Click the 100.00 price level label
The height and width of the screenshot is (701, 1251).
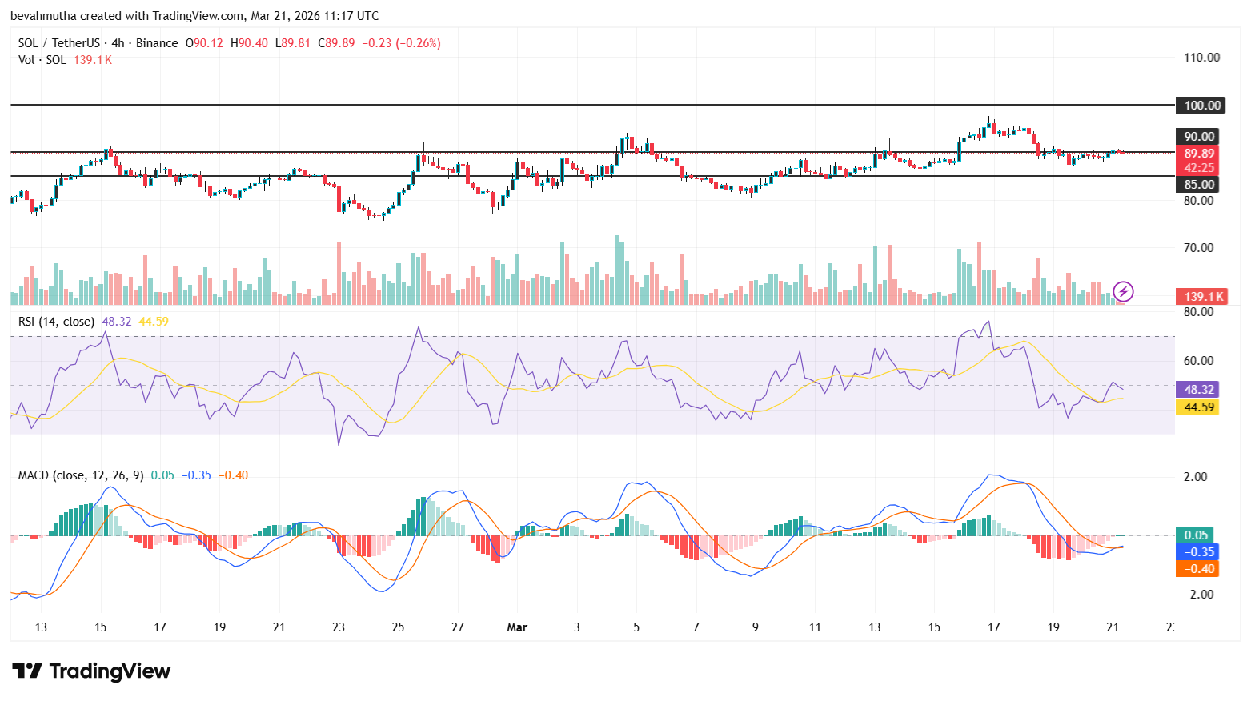pos(1202,105)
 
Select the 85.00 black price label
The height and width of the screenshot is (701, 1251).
pos(1199,184)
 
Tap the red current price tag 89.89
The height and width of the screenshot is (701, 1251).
pos(1199,154)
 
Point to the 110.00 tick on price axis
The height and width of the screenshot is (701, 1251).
pos(1201,57)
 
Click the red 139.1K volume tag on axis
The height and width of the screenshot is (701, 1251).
pos(1203,296)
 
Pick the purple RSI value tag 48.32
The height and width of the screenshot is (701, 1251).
pos(1199,389)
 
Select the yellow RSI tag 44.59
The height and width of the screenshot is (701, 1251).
pos(1199,407)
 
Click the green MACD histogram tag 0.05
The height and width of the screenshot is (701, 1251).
pos(1196,535)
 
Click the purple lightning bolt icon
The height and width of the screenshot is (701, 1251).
pos(1123,291)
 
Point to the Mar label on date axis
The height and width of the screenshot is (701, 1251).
pos(517,627)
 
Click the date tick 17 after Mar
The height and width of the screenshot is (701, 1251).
pos(993,627)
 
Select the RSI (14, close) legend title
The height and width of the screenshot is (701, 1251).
pos(56,321)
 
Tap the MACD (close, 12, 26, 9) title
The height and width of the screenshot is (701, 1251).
pos(81,475)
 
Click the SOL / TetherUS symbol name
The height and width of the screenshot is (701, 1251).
pos(59,43)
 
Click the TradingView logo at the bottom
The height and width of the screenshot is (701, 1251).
pos(91,671)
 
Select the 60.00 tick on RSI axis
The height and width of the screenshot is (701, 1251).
pos(1198,360)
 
